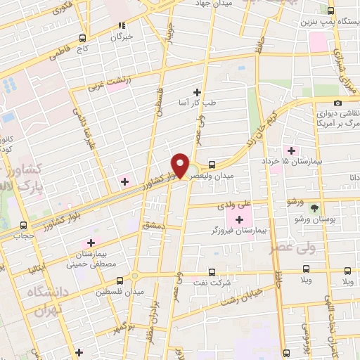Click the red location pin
click(181, 165)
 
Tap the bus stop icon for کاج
click(82, 38)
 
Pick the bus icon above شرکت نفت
click(212, 272)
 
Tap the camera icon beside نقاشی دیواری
click(338, 103)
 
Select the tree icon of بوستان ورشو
click(314, 208)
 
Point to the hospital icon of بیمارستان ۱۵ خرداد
click(290, 151)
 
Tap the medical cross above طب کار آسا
click(197, 92)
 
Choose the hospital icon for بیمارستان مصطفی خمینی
click(109, 243)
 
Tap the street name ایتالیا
click(37, 269)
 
